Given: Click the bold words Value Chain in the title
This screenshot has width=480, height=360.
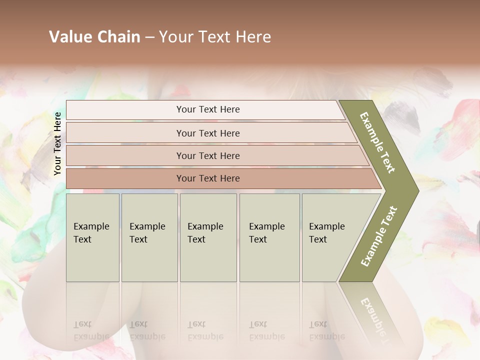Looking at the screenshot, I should click(x=94, y=37).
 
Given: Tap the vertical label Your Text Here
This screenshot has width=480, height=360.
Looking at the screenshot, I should click(x=57, y=143).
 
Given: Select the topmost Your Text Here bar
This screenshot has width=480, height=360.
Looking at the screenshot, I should click(x=208, y=109).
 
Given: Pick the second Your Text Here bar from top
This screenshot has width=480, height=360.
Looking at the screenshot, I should click(x=208, y=133).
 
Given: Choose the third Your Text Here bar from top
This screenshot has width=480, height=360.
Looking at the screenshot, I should click(x=208, y=155).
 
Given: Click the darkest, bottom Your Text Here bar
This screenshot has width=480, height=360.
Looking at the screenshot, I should click(x=208, y=178).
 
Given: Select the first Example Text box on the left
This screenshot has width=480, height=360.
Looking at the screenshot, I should click(x=92, y=237).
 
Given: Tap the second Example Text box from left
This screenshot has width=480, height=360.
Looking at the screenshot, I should click(x=149, y=237).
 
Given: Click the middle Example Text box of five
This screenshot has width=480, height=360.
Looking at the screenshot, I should click(x=207, y=237).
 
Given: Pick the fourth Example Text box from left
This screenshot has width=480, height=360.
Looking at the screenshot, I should click(x=269, y=237).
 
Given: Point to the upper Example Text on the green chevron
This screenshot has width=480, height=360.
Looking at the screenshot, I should click(x=377, y=142).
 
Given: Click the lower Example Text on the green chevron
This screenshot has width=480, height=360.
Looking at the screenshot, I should click(x=379, y=236).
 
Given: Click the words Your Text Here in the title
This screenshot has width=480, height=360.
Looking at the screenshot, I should click(x=215, y=37).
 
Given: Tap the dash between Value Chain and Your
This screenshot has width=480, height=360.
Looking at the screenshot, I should click(x=149, y=37).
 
